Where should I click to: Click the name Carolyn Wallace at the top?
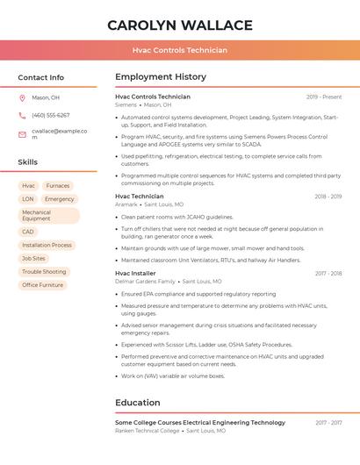(180, 25)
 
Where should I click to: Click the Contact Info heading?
(40, 77)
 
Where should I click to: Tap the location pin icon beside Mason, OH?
(22, 97)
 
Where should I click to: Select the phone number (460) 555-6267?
(50, 115)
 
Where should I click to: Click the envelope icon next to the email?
(22, 134)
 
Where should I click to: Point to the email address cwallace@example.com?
(59, 134)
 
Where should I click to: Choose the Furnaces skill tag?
(58, 186)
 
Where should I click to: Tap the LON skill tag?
(28, 199)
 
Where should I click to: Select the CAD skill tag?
(28, 232)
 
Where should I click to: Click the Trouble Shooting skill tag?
(44, 272)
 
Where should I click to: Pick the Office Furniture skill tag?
(42, 285)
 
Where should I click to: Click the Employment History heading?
(161, 77)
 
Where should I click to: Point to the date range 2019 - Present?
(324, 97)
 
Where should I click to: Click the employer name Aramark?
(126, 204)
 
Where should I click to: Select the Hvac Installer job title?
(135, 274)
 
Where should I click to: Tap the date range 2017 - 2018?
(328, 274)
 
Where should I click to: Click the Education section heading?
(138, 403)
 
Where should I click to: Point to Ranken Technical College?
(147, 431)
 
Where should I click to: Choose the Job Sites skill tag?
(33, 259)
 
